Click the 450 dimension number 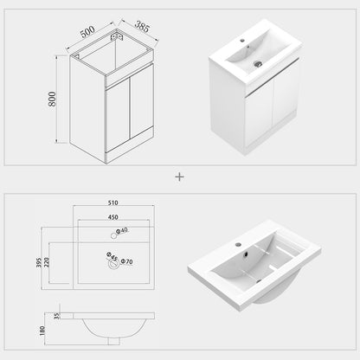(112, 217)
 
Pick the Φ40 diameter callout (122, 229)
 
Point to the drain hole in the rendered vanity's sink (256, 63)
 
